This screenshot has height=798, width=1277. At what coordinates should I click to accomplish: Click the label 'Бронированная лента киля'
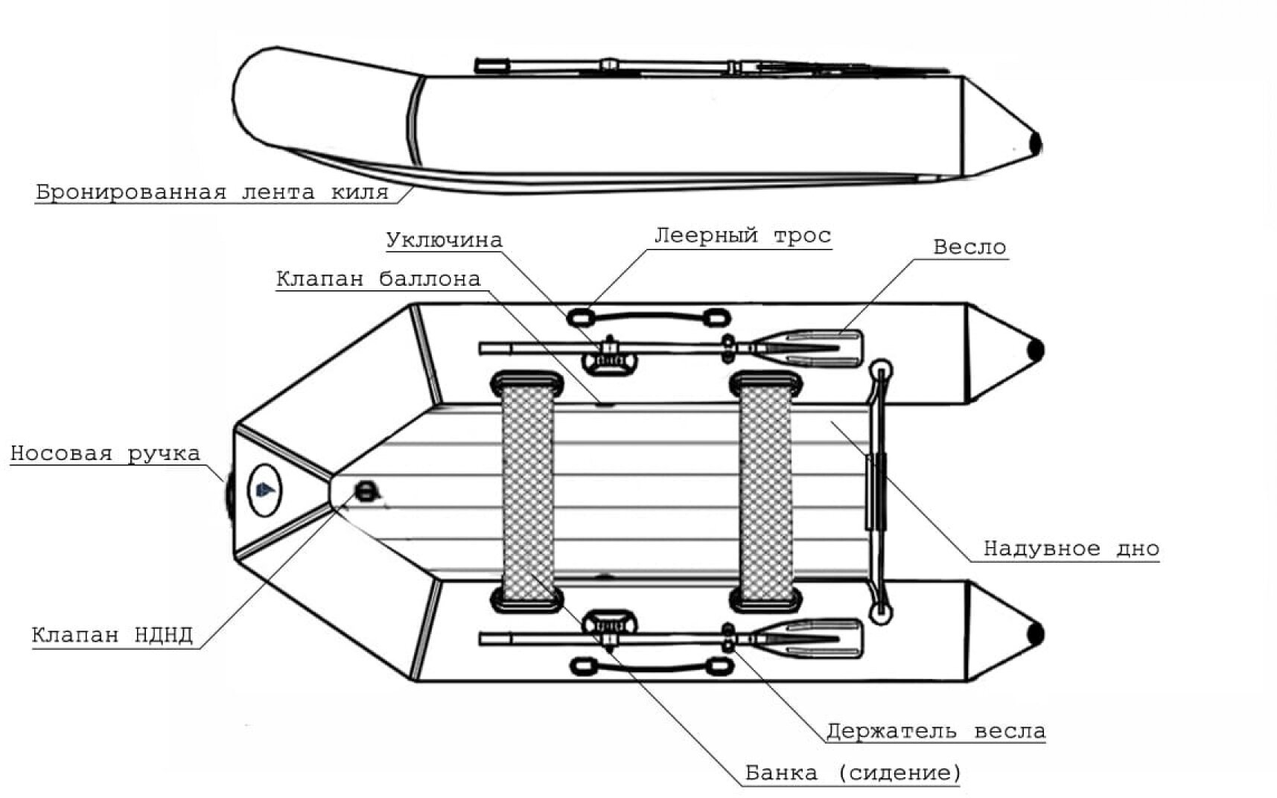212,192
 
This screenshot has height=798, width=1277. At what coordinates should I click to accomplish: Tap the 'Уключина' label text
444,240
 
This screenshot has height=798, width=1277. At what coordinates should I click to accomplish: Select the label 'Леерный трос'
742,236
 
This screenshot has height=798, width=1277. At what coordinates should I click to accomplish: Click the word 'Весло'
969,247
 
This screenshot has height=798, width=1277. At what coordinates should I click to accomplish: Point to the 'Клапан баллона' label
378,279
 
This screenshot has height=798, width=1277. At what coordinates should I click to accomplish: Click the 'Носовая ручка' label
105,453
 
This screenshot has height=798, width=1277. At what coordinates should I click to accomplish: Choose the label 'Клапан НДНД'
112,635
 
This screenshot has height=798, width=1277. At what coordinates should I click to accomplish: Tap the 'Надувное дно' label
1071,549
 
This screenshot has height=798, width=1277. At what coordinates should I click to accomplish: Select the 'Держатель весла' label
935,732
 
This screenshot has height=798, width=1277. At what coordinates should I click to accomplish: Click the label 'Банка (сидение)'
853,773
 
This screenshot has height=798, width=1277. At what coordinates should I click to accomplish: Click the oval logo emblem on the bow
265,490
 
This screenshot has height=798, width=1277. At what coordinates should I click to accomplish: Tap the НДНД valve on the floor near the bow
366,491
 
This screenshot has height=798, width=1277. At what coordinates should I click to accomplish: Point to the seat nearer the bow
527,491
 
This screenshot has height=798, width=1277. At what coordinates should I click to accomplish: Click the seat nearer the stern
765,491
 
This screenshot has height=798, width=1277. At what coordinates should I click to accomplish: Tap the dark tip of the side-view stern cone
1035,143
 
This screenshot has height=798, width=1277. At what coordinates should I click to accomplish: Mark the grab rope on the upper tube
646,317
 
